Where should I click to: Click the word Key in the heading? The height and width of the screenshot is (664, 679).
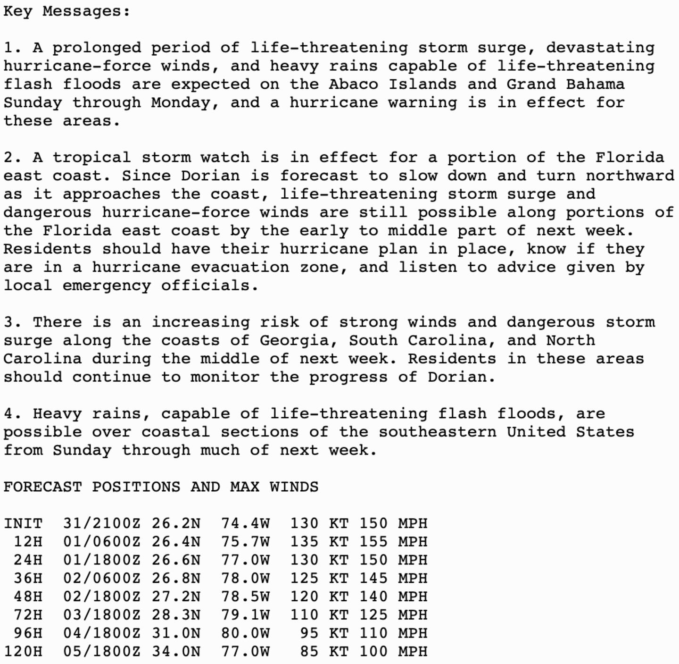[x=18, y=11]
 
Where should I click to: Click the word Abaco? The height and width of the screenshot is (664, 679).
[x=354, y=84]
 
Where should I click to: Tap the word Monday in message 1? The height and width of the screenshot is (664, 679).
[x=181, y=102]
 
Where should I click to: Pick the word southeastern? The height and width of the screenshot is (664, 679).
[x=438, y=432]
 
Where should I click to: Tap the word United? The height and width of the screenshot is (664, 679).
[x=536, y=432]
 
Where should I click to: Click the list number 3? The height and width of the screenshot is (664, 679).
[x=8, y=322]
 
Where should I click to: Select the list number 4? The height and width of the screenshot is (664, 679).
[x=8, y=414]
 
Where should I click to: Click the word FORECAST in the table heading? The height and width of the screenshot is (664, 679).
[x=42, y=487]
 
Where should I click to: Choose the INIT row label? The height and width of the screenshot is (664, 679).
[x=23, y=523]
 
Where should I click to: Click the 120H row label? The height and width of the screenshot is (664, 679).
[x=23, y=651]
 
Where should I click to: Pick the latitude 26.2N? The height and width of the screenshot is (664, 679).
[x=176, y=523]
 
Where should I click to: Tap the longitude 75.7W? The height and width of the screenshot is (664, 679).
[x=245, y=542]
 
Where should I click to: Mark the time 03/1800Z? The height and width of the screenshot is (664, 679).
[x=102, y=615]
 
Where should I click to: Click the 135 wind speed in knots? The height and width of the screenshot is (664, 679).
[x=304, y=542]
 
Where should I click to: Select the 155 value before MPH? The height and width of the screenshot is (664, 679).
[x=373, y=542]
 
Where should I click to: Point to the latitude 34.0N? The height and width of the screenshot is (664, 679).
[x=176, y=651]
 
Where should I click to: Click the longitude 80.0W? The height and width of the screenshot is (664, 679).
[x=245, y=633]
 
